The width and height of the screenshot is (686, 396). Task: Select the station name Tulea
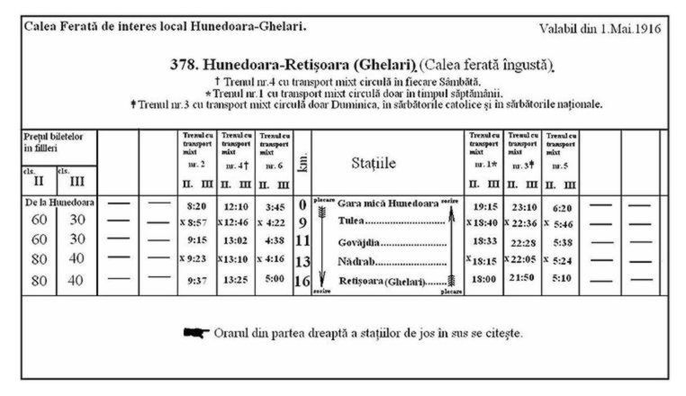click(x=351, y=221)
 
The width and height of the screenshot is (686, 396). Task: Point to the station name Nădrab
click(x=356, y=261)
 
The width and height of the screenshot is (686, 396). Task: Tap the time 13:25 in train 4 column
click(x=235, y=280)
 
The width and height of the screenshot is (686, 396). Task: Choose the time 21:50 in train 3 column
click(x=523, y=280)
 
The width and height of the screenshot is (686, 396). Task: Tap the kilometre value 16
click(x=302, y=280)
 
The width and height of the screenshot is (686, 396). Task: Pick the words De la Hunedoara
click(x=59, y=202)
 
